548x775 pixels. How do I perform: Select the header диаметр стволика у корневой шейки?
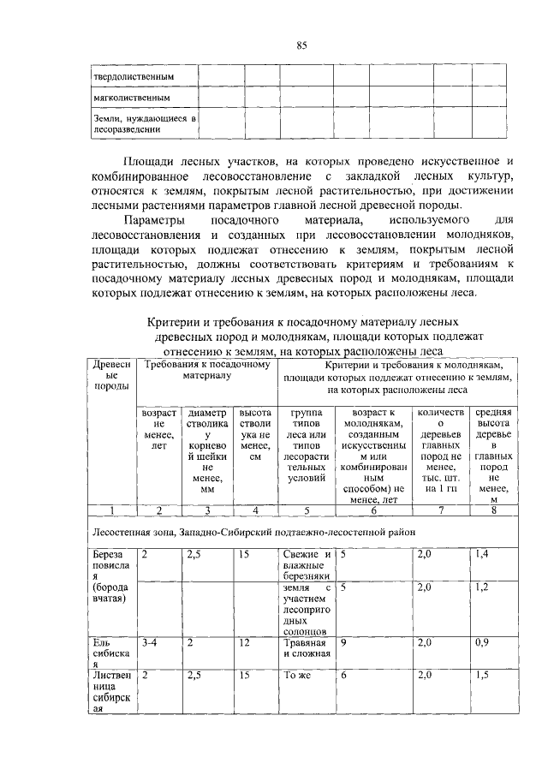[206, 451]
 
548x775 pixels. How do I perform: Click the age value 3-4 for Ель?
[151, 641]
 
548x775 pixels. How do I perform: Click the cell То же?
[296, 676]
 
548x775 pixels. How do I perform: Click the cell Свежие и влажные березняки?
[306, 565]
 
